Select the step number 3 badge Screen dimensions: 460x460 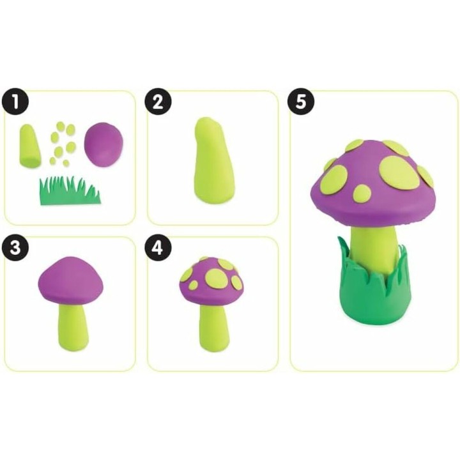tap(15, 248)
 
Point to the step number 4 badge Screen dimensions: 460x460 tap(158, 248)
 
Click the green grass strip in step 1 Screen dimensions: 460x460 tap(70, 191)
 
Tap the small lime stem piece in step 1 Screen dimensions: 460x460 tap(30, 146)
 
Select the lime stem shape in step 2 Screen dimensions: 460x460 tap(213, 160)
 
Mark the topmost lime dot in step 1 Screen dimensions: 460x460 tap(61, 126)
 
